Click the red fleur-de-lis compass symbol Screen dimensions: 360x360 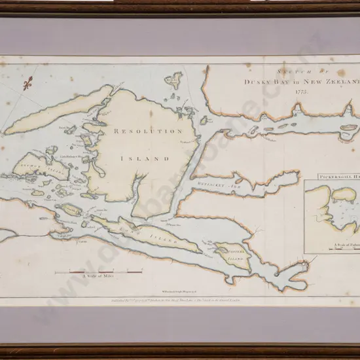point(28,84)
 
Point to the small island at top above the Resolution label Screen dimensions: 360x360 point(173,81)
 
